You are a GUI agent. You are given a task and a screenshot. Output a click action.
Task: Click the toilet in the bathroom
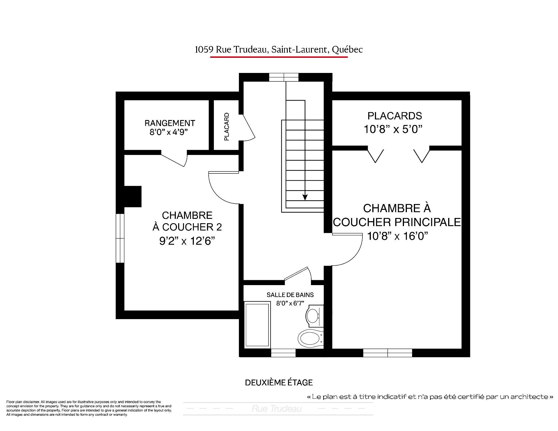pos(310,338)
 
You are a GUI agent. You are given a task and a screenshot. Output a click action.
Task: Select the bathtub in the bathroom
pos(257,325)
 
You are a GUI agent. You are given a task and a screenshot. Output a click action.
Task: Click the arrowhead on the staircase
pos(305,197)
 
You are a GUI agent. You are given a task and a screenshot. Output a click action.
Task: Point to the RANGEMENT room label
pos(170,123)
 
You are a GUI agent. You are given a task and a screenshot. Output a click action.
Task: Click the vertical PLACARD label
pos(227,127)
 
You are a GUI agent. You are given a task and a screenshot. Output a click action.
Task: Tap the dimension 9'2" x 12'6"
pos(187,241)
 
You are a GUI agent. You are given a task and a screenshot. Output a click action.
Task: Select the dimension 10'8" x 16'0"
pos(397,236)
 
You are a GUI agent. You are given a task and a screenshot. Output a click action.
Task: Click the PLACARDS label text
pos(395,116)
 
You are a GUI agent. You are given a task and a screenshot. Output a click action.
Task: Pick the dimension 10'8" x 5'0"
pos(393,129)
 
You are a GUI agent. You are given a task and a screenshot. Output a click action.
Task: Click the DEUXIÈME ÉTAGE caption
pos(279,382)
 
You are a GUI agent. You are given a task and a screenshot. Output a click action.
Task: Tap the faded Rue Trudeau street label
pos(276,409)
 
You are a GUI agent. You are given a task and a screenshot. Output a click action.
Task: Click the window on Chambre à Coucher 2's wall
pos(120,238)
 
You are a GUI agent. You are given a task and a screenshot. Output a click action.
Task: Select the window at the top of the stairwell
pos(284,77)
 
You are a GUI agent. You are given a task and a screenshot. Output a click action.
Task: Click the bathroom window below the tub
pos(283,353)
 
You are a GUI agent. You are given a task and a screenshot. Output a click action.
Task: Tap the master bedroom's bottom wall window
pos(388,353)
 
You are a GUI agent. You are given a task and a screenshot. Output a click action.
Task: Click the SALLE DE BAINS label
pos(290,295)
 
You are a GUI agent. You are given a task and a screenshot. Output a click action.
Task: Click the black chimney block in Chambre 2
pos(133,196)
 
